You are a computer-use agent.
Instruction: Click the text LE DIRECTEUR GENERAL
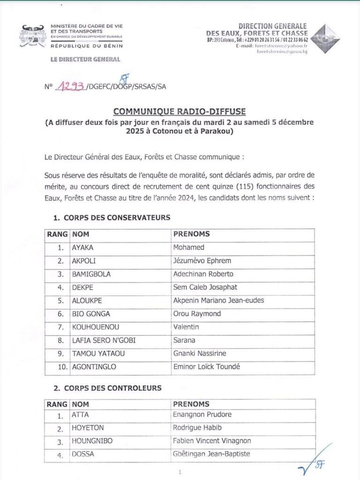[85, 60]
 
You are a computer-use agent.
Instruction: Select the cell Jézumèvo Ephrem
[202, 261]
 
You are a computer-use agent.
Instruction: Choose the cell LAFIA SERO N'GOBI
[103, 340]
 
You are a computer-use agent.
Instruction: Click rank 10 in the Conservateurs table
[62, 367]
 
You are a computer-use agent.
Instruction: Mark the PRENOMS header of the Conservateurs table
[192, 234]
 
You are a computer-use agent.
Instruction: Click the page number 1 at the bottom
[180, 472]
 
